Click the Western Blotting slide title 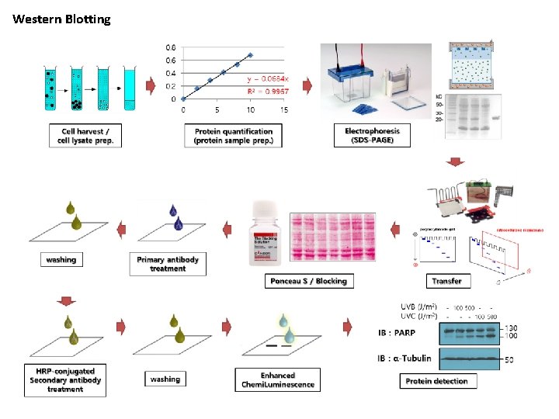pos(61,19)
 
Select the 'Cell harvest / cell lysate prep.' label pos(85,137)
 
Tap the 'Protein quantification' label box pos(233,137)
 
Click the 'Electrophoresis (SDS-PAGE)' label pos(369,136)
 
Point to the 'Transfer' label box pos(446,280)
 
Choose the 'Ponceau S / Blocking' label pos(308,280)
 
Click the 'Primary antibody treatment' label pos(168,264)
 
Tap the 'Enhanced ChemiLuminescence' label pos(277,379)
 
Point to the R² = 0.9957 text pos(268,91)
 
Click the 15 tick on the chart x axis pos(284,109)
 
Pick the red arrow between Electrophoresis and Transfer pos(456,162)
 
